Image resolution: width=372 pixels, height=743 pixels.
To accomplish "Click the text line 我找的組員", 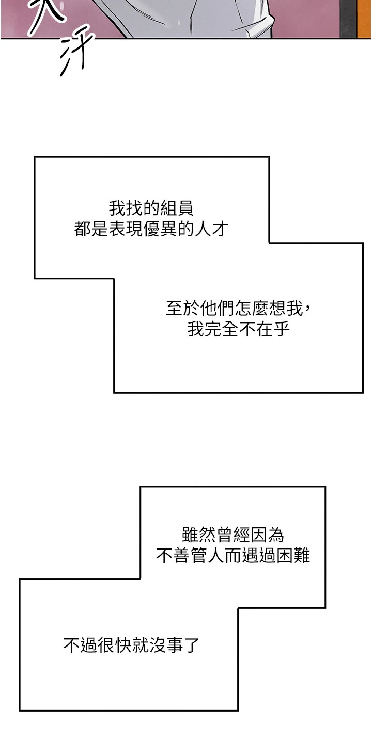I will pyautogui.click(x=151, y=209).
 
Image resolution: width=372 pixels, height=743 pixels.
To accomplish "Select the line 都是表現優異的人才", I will pyautogui.click(x=151, y=229).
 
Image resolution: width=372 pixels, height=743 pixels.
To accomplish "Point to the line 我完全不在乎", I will pyautogui.click(x=239, y=329).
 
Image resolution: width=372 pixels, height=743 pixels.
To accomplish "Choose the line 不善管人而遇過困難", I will pyautogui.click(x=233, y=556).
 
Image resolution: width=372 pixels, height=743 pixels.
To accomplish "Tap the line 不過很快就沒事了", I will pyautogui.click(x=131, y=645).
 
